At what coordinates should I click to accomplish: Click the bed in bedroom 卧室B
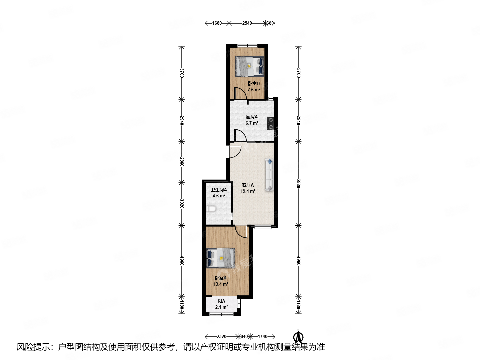[x=250, y=66]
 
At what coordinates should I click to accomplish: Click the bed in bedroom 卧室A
[x=220, y=258]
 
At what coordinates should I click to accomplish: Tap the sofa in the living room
[x=269, y=175]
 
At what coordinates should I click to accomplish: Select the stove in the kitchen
[x=271, y=123]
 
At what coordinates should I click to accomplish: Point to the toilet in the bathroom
[x=211, y=209]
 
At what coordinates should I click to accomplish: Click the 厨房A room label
[x=252, y=117]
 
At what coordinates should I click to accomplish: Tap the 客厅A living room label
[x=248, y=185]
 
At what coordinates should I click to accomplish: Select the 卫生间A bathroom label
[x=219, y=190]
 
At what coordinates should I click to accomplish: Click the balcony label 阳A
[x=221, y=301]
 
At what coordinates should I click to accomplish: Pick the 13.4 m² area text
[x=221, y=284]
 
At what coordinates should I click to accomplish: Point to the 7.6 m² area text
[x=254, y=90]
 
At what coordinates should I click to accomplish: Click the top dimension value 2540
[x=247, y=23]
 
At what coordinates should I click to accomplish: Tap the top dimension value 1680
[x=217, y=23]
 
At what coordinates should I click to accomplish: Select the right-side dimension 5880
[x=298, y=183]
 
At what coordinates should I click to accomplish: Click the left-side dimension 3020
[x=182, y=204]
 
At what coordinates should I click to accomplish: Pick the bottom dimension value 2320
[x=221, y=336]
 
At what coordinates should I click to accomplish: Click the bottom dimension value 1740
[x=262, y=336]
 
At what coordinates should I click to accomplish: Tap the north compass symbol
[x=298, y=337]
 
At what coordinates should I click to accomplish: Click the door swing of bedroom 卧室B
[x=240, y=93]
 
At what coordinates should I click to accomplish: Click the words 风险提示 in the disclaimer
[x=33, y=347]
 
